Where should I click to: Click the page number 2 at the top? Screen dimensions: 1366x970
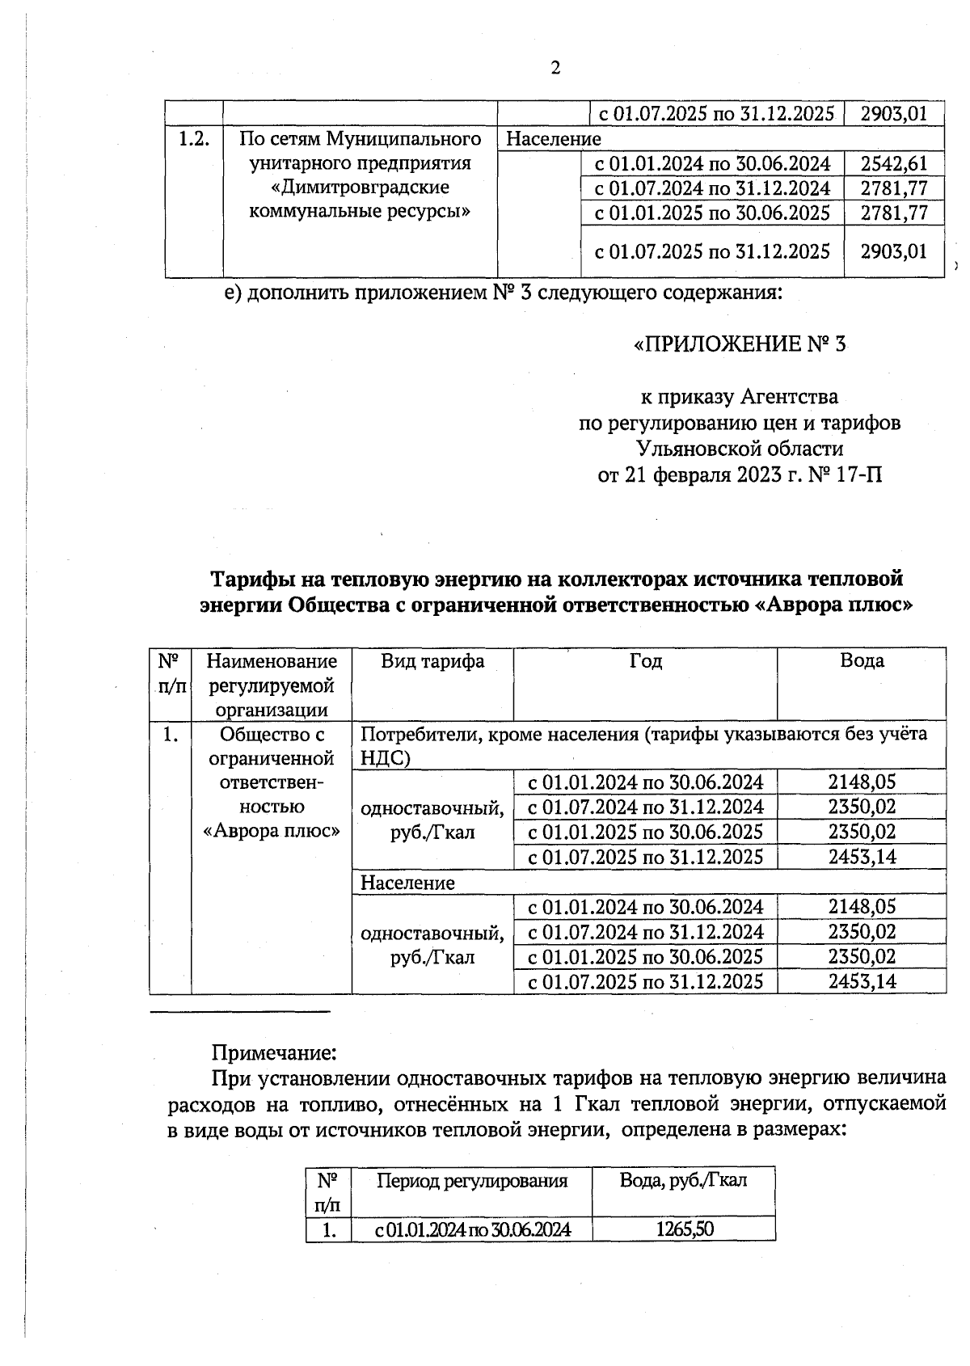pos(555,68)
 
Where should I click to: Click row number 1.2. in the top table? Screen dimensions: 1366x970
pos(194,139)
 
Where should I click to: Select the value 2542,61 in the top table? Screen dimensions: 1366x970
pos(893,164)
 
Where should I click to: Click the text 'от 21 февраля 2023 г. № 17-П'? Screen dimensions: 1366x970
pos(740,474)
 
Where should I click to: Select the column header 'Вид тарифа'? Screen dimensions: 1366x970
pos(432,661)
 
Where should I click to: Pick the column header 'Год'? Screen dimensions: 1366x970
pos(645,661)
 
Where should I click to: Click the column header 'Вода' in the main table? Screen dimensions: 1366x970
pos(862,661)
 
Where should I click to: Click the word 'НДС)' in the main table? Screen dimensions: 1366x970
pos(386,758)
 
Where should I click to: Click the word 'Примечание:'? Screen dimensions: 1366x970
pos(273,1053)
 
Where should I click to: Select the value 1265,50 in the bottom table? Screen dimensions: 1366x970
pos(684,1229)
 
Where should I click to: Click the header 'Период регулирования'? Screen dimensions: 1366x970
pos(472,1181)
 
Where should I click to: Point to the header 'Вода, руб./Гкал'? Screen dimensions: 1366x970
pos(684,1180)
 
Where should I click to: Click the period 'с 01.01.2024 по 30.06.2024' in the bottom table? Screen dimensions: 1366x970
pos(472,1230)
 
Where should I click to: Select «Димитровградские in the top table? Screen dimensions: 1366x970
pos(360,188)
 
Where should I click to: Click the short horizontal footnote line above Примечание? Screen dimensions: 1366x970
pos(240,1011)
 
